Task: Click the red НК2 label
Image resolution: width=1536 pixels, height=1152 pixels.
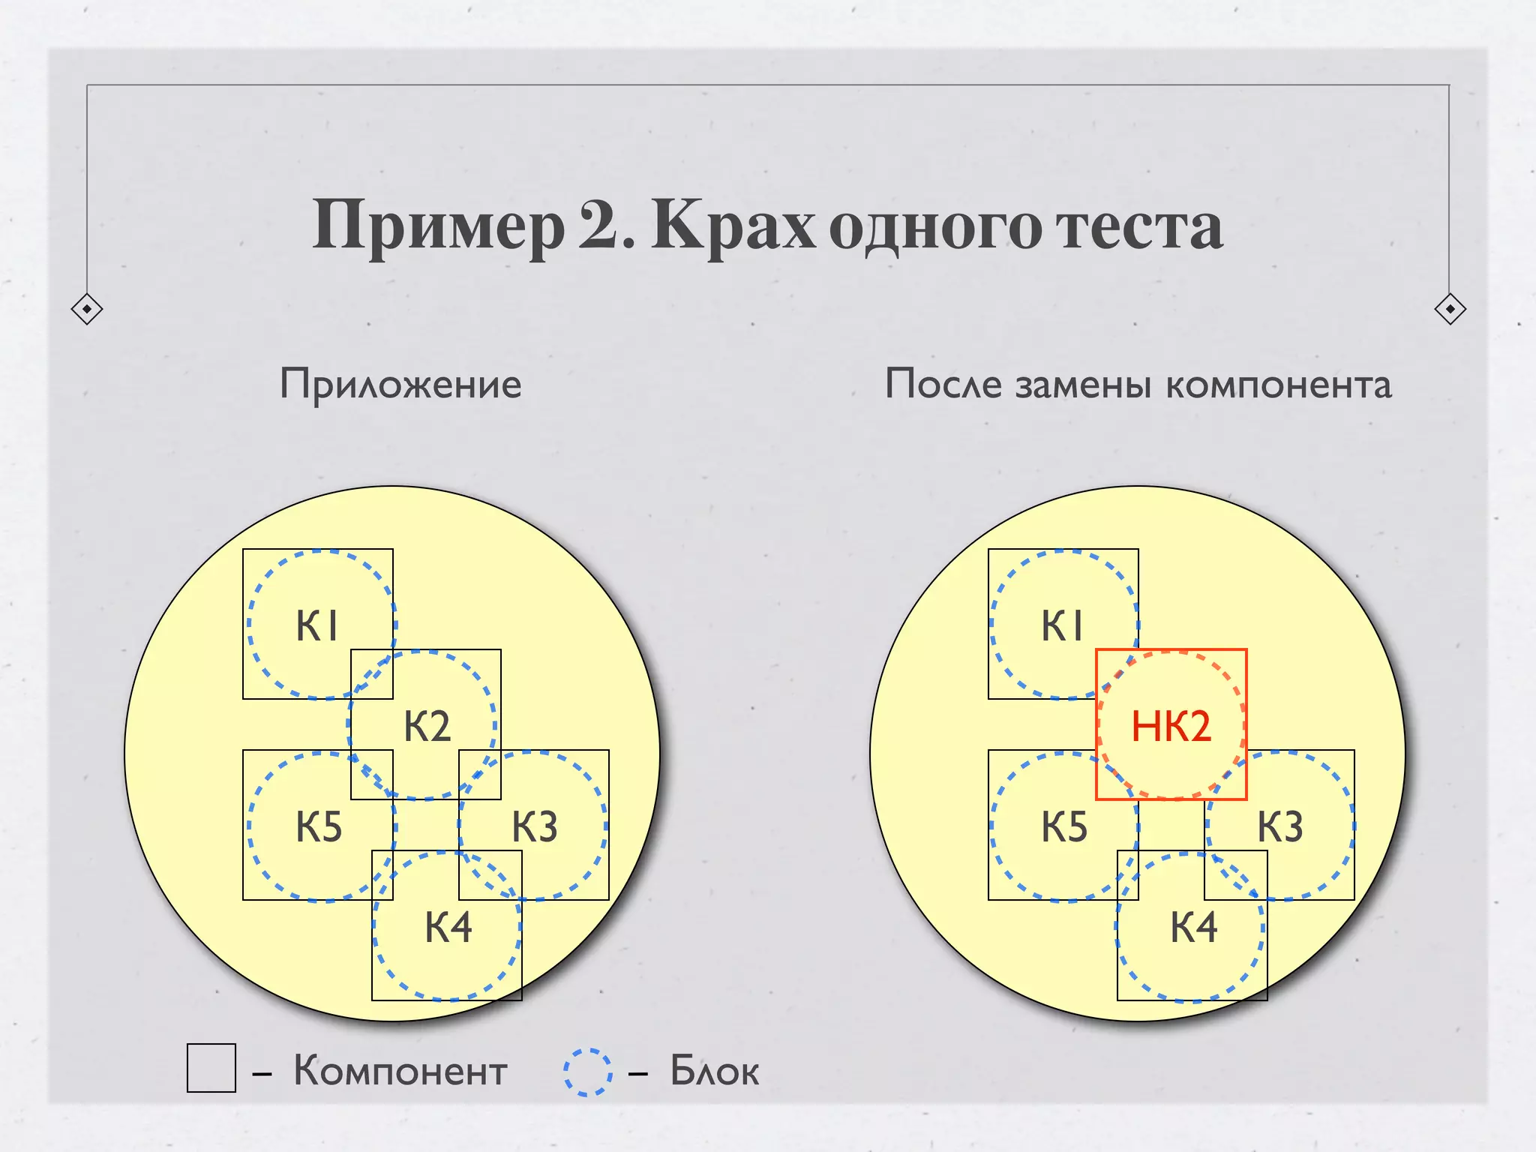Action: (x=1171, y=726)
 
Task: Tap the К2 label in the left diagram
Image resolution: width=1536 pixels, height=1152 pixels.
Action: (x=427, y=726)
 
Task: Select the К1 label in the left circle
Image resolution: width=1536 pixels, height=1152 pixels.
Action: (x=318, y=625)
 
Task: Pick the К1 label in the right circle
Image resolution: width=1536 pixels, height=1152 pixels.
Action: (x=1063, y=625)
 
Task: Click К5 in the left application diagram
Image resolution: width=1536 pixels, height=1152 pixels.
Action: (x=319, y=826)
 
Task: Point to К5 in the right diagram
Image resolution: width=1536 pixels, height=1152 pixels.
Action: (x=1064, y=826)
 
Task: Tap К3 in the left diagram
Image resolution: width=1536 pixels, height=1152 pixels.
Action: (x=535, y=826)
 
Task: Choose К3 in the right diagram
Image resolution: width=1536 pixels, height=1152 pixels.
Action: (x=1280, y=826)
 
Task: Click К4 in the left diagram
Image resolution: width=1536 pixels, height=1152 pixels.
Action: (x=448, y=927)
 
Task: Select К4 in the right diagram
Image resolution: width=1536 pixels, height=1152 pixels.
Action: (x=1194, y=927)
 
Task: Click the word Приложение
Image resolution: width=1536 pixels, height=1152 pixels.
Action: (x=400, y=385)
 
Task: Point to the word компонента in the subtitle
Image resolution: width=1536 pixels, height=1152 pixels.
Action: (x=1279, y=385)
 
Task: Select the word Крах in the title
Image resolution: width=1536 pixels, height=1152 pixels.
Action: (x=733, y=225)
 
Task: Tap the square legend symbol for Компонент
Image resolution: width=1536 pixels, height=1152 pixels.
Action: (x=211, y=1068)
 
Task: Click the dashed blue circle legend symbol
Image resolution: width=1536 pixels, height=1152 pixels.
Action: (x=588, y=1072)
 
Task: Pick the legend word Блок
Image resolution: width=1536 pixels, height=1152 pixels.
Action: (x=715, y=1070)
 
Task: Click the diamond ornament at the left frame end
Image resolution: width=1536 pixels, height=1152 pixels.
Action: (x=87, y=309)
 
